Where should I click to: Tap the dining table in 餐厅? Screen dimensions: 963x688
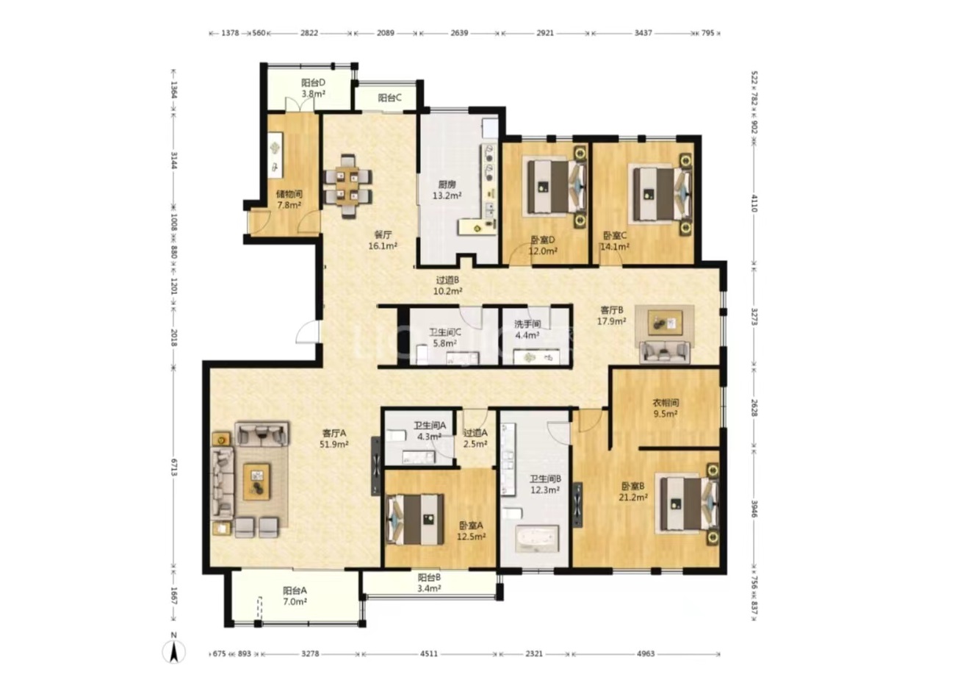[x=347, y=187]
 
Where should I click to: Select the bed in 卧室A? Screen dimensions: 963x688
[x=415, y=520]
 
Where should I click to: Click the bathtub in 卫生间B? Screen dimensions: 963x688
[x=538, y=538]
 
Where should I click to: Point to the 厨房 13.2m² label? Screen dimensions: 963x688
[x=447, y=190]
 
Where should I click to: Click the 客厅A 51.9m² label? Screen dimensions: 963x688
[x=334, y=438]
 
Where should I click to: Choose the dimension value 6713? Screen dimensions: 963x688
[x=174, y=467]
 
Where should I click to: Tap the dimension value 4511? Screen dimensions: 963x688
[x=429, y=653]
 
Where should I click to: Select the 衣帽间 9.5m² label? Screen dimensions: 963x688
[x=666, y=409]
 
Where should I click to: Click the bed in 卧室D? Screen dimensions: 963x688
[x=556, y=187]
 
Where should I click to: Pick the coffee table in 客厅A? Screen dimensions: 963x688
[x=256, y=481]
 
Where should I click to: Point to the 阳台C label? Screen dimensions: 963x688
[x=390, y=98]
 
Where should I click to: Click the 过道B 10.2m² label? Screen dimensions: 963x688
[x=447, y=285]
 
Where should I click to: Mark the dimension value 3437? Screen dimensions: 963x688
[x=643, y=32]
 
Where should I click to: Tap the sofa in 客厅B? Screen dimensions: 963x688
[x=665, y=351]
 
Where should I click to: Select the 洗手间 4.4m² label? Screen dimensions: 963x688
[x=527, y=329]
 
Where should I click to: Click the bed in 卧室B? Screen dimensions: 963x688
[x=688, y=504]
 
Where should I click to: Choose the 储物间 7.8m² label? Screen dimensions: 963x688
[x=289, y=199]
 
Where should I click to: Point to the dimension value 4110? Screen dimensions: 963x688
[x=754, y=203]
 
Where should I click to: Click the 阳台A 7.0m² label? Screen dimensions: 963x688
[x=295, y=596]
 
